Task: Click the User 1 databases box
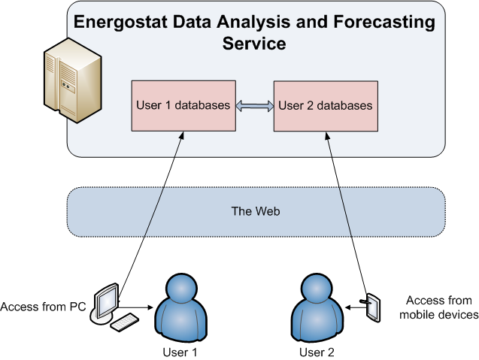(x=183, y=106)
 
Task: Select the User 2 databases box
(x=326, y=106)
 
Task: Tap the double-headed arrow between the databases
(x=255, y=106)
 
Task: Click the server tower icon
(x=73, y=80)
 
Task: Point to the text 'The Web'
(x=256, y=211)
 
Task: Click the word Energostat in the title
(x=120, y=22)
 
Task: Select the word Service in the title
(x=254, y=44)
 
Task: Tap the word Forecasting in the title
(x=384, y=22)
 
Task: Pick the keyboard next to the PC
(x=125, y=322)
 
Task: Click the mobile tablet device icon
(x=373, y=307)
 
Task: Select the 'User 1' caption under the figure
(x=180, y=352)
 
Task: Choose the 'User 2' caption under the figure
(x=317, y=352)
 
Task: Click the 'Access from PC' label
(x=43, y=307)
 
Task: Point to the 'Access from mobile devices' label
(x=439, y=307)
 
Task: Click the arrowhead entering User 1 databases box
(x=182, y=135)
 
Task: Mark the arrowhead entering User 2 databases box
(x=327, y=135)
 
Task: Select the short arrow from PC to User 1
(x=135, y=307)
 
